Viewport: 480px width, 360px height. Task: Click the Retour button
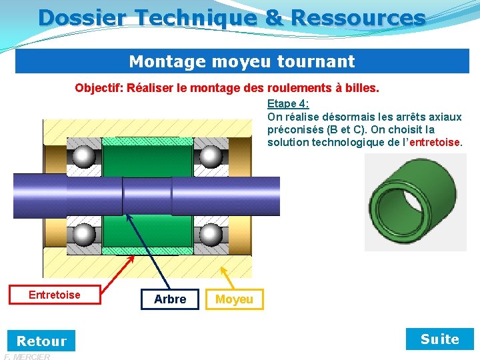click(x=41, y=341)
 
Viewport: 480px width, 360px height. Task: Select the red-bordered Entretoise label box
click(x=55, y=295)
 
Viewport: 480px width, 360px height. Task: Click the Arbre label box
click(x=170, y=299)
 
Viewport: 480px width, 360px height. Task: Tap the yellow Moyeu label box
click(x=234, y=299)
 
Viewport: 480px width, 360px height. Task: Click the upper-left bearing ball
click(x=83, y=157)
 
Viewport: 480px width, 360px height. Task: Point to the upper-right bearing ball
click(x=211, y=157)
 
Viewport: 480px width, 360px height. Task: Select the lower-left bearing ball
click(x=83, y=235)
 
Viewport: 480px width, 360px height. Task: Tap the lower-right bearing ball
click(x=211, y=235)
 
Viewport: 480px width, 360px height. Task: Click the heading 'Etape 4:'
click(x=288, y=104)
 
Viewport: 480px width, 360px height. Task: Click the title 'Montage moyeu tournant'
click(x=241, y=62)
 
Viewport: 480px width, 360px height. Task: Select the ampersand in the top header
click(x=273, y=17)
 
